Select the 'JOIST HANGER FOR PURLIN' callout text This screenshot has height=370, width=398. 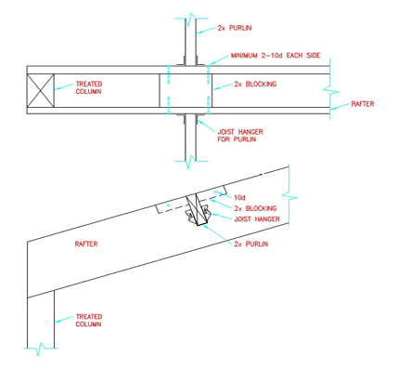(x=237, y=136)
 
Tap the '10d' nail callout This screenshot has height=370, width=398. (x=240, y=198)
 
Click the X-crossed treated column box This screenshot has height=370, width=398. (x=40, y=89)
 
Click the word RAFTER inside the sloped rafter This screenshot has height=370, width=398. (x=86, y=244)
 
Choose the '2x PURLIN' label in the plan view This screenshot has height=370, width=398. (x=234, y=28)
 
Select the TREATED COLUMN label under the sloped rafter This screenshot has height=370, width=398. (x=89, y=321)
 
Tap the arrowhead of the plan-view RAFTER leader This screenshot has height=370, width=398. (x=337, y=111)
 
